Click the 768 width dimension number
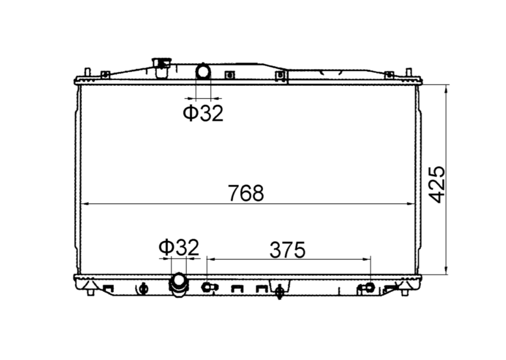tap(246, 193)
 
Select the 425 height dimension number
tap(438, 185)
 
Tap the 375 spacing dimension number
tap(287, 250)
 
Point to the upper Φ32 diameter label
tap(203, 113)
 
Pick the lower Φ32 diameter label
tap(179, 247)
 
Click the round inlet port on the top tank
tap(203, 71)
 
